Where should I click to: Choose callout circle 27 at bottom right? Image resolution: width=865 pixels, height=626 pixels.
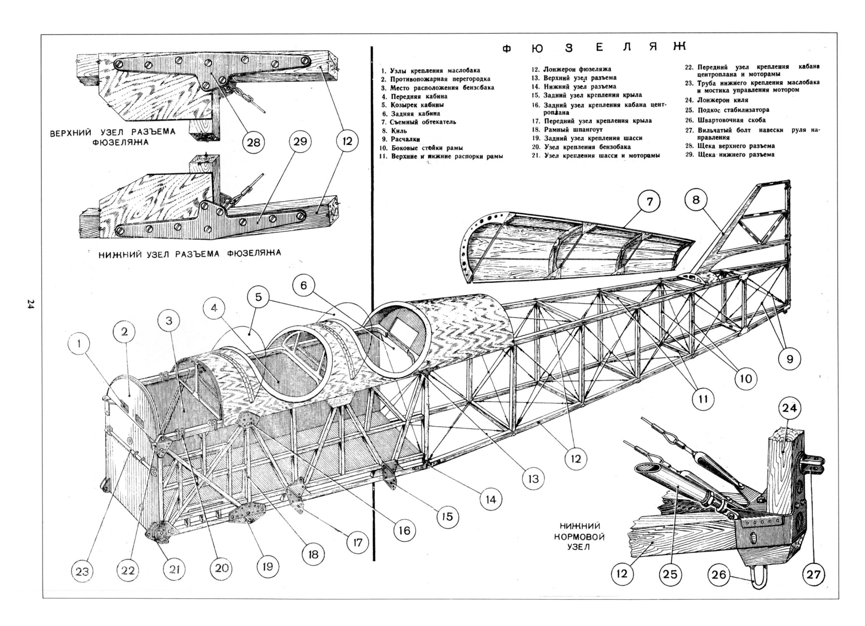point(813,574)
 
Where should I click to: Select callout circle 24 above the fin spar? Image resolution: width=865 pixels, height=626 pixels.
point(789,408)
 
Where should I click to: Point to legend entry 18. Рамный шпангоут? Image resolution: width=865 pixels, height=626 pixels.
point(568,130)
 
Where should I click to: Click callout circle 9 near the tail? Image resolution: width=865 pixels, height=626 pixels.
point(789,359)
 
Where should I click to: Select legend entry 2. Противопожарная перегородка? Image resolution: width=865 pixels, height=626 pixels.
point(436,79)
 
